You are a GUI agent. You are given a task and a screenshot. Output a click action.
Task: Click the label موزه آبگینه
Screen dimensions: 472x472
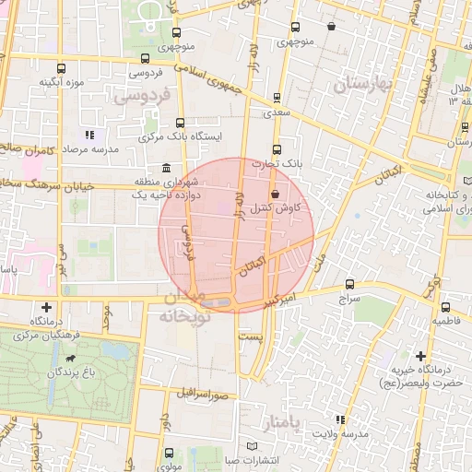click(x=62, y=83)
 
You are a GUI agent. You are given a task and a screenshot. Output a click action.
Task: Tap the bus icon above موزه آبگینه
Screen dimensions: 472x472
click(x=62, y=68)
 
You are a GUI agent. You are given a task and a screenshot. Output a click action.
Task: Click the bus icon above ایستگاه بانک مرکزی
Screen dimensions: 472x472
click(x=179, y=121)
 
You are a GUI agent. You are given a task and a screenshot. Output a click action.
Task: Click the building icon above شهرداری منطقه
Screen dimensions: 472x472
click(x=165, y=168)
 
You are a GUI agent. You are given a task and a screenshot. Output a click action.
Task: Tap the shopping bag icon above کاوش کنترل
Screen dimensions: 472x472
click(x=278, y=193)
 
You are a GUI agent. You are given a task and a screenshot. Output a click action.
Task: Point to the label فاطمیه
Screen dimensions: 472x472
click(x=447, y=321)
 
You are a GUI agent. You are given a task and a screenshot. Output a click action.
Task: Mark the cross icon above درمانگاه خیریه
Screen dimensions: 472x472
click(x=420, y=356)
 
